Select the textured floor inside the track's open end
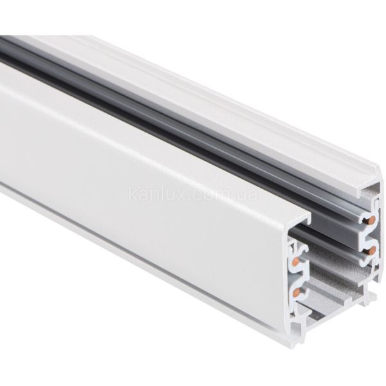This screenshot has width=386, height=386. click(335, 302)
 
